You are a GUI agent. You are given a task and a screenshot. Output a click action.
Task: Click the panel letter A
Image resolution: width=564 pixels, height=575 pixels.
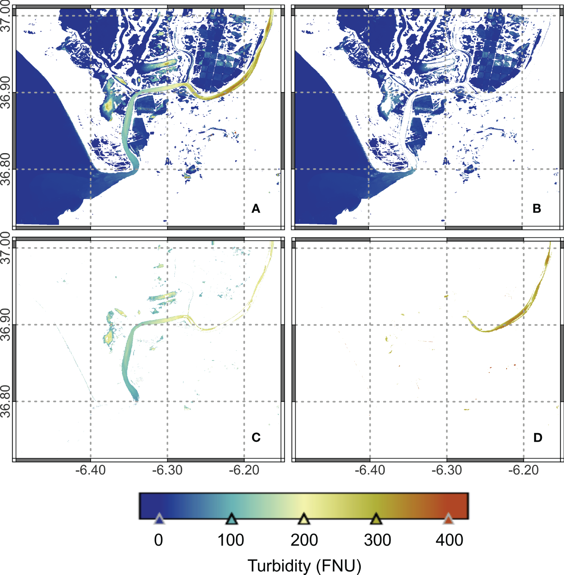[256, 209]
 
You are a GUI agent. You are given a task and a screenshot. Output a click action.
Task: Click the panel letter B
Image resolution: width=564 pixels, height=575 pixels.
[537, 209]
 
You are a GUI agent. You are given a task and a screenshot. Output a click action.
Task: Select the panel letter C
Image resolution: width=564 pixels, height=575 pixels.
[256, 437]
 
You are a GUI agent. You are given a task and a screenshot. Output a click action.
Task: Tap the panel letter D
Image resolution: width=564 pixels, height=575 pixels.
[537, 437]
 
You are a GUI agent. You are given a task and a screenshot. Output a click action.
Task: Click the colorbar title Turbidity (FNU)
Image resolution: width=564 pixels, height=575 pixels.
[304, 566]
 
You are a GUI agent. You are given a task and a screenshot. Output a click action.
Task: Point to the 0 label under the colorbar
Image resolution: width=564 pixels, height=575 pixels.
[159, 540]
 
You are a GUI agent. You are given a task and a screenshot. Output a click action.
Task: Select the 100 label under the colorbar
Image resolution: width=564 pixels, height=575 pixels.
[231, 540]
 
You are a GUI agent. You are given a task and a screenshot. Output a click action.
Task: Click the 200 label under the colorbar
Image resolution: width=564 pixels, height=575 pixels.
[304, 540]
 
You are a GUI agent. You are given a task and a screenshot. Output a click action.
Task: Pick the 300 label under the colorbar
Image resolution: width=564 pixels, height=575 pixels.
[377, 540]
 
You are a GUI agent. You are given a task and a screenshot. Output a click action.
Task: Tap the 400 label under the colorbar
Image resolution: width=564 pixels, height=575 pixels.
[450, 540]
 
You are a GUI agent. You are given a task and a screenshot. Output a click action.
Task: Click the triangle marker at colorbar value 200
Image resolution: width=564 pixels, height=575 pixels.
[304, 519]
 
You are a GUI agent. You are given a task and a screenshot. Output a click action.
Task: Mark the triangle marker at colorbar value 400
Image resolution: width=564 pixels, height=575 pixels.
[449, 519]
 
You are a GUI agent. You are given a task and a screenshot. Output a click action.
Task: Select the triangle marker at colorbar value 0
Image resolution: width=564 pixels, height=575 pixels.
[159, 519]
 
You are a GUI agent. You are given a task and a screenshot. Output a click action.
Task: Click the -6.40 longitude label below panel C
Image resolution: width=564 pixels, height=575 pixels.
[90, 470]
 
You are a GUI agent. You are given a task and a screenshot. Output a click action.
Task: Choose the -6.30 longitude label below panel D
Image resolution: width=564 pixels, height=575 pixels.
[447, 470]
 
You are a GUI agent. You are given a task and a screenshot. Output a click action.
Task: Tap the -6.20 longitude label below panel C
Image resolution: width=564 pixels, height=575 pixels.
[244, 470]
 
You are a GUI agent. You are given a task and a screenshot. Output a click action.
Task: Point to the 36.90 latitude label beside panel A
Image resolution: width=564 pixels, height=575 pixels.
[6, 92]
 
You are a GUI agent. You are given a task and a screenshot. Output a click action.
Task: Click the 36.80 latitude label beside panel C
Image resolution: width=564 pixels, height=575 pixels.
[6, 402]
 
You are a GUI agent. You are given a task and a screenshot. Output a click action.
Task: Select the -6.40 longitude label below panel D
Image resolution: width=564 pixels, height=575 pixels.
[370, 470]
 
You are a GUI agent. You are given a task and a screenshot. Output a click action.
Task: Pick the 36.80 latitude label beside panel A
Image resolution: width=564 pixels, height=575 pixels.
[6, 169]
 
